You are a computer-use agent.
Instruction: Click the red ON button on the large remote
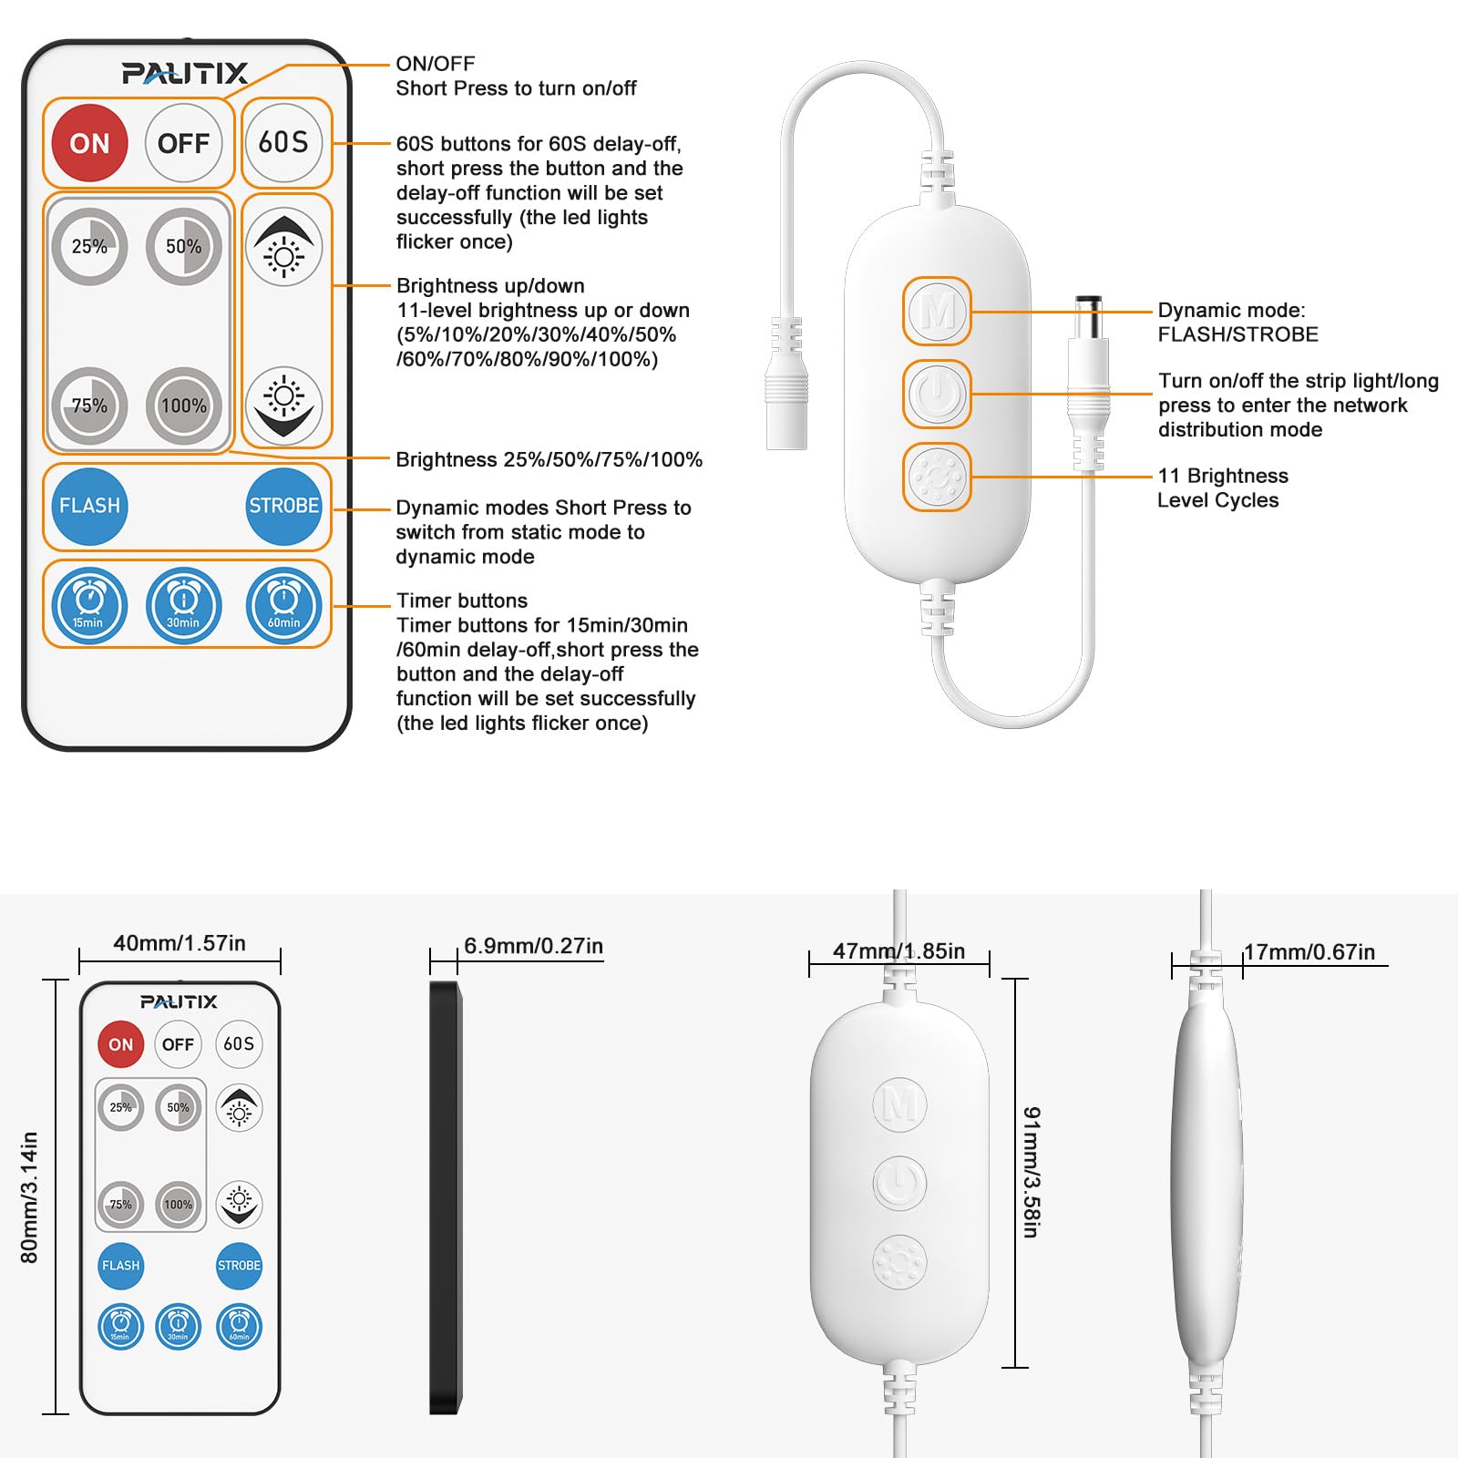click(89, 143)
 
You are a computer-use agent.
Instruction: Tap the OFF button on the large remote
click(183, 143)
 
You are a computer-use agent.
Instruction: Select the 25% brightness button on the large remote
click(89, 246)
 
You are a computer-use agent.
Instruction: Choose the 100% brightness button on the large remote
click(183, 406)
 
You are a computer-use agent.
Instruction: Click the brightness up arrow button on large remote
click(283, 247)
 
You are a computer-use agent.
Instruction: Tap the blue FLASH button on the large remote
click(89, 506)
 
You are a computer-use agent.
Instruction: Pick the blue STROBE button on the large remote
click(283, 506)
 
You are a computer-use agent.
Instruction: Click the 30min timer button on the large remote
click(183, 604)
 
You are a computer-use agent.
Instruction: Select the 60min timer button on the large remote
click(283, 604)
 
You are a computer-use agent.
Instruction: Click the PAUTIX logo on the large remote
click(185, 73)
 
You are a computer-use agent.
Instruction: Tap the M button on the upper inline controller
click(937, 312)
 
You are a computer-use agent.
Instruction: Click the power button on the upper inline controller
click(937, 395)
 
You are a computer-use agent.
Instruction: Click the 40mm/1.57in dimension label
click(180, 943)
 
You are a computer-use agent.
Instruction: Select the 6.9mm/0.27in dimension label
click(533, 946)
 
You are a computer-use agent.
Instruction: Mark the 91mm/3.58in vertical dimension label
click(1031, 1172)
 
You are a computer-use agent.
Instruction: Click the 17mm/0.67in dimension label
click(1309, 952)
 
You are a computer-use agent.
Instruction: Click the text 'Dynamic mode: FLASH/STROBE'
click(1237, 323)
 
